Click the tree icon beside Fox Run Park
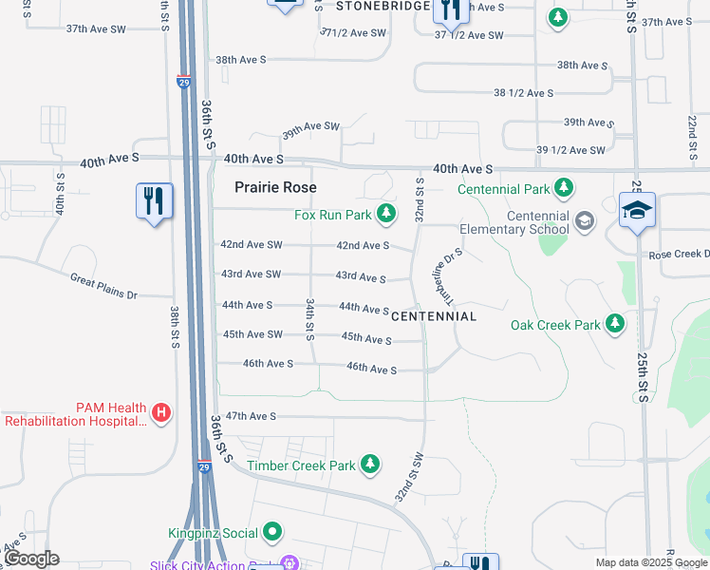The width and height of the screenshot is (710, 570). (385, 216)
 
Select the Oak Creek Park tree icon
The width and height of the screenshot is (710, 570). (615, 325)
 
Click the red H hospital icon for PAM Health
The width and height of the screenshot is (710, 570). (162, 413)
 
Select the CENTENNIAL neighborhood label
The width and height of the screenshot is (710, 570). (433, 315)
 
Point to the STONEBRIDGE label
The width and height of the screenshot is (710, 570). (383, 6)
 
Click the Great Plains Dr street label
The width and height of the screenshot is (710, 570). (103, 286)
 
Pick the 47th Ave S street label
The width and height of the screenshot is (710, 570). (250, 416)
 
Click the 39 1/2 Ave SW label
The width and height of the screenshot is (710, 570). (570, 150)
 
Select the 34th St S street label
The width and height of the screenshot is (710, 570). (309, 319)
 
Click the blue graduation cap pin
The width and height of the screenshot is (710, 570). (637, 212)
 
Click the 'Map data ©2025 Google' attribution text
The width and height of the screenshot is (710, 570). (650, 562)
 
